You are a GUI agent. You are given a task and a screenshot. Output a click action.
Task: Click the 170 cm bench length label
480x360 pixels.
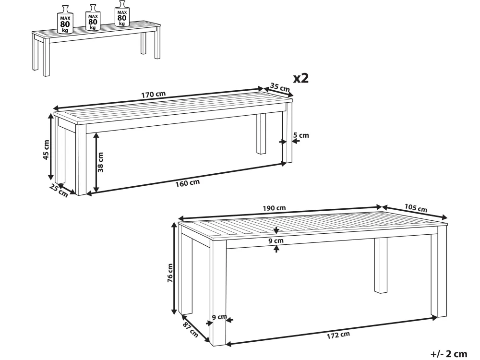coord(154,94)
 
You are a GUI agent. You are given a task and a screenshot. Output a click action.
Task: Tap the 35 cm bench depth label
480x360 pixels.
coord(280,87)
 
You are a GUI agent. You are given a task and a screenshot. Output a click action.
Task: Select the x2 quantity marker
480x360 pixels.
coord(301,78)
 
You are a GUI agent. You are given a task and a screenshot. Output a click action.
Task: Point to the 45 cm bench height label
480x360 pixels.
coord(46,150)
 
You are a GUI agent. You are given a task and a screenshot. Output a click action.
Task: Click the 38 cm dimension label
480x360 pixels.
coord(100,162)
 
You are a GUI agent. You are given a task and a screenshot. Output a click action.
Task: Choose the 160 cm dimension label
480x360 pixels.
coord(187,183)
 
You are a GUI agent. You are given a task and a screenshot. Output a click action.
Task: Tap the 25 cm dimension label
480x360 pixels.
coord(59,191)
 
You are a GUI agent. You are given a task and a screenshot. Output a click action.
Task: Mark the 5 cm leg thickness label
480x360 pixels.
coord(301,135)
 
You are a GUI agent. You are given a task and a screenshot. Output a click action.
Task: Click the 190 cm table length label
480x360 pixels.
coord(274,208)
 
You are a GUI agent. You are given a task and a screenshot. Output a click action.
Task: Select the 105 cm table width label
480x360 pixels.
coord(416,208)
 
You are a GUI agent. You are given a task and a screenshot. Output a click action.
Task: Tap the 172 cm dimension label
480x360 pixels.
coord(338,335)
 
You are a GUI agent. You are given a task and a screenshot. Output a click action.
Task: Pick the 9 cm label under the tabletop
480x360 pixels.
coord(276,240)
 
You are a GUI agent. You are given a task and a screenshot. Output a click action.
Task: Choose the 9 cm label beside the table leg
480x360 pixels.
coord(219,317)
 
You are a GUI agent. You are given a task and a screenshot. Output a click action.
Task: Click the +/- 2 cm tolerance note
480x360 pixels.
coord(449,354)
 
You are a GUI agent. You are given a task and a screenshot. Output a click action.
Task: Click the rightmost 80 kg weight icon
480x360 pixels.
coord(122,13)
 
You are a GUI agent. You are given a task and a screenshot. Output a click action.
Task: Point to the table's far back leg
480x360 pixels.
coord(381,265)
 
